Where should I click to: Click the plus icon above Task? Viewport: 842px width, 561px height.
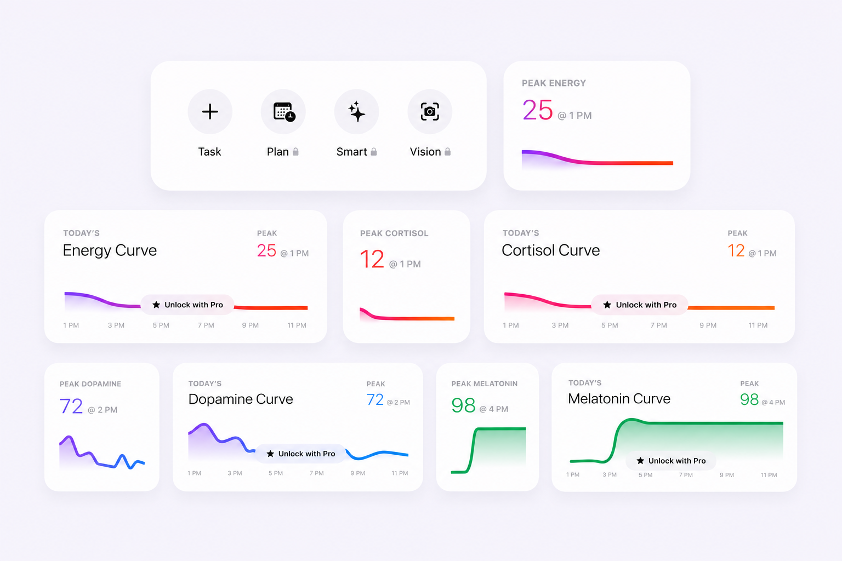point(210,112)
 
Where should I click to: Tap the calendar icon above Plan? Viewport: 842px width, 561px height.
point(284,112)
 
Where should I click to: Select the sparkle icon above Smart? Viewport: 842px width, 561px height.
point(356,112)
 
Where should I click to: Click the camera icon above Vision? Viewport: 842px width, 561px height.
point(430,112)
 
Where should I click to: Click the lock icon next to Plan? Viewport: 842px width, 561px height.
point(296,151)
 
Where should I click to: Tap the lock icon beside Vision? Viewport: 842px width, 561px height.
point(447,151)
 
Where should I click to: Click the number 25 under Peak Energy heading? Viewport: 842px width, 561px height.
point(538,110)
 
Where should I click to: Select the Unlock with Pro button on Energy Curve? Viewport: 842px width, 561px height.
point(187,305)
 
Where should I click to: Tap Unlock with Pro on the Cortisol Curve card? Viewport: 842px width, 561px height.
point(639,305)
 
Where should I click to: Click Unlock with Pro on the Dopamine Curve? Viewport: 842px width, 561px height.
point(300,454)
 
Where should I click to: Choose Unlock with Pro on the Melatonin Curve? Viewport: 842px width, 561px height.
point(671,461)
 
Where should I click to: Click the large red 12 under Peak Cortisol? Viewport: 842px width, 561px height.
point(372,259)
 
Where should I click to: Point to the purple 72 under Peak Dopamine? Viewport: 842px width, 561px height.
point(71,406)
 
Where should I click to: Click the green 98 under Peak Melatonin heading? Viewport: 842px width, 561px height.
point(463,405)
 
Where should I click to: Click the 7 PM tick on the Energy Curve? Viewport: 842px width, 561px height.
point(206,325)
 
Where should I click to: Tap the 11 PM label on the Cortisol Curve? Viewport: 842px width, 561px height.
point(758,325)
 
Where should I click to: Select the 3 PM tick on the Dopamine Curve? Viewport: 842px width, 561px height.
point(235,473)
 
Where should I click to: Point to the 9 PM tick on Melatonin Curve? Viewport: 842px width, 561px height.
point(726,475)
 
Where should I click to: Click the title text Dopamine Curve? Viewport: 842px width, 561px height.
point(241,399)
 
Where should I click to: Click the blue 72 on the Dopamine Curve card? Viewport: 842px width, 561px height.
point(375,400)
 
